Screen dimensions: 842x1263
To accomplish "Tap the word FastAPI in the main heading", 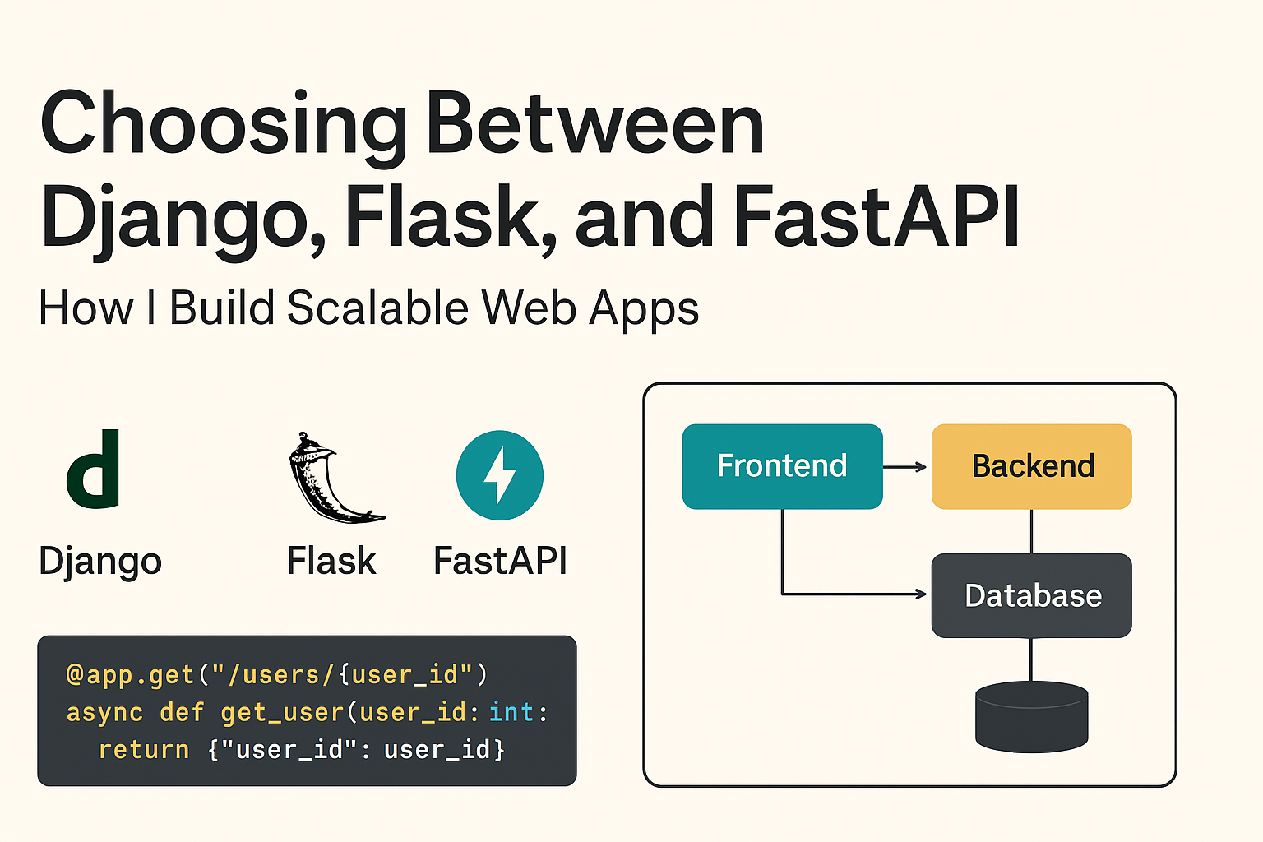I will point(877,217).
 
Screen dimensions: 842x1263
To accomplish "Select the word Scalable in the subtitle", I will point(378,308).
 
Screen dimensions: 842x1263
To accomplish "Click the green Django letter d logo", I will point(94,470).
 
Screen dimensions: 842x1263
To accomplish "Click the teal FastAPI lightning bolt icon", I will point(500,475).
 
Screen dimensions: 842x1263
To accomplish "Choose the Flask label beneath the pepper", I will point(331,562).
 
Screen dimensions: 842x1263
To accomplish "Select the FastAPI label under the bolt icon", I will point(500,562).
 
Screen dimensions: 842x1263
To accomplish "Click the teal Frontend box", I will point(782,466).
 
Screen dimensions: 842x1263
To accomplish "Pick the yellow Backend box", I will point(1032,466).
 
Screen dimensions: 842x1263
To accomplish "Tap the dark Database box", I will point(1032,595).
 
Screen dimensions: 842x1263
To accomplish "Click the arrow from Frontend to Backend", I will point(904,466).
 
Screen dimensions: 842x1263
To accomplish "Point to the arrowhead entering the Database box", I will point(921,594).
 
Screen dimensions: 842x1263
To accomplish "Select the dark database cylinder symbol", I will point(1032,717).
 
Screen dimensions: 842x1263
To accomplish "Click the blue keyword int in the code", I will point(511,711).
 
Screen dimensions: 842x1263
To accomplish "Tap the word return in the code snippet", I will point(144,749).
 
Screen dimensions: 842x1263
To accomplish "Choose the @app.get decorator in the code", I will point(130,674).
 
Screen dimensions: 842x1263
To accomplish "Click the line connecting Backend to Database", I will point(1032,531).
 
